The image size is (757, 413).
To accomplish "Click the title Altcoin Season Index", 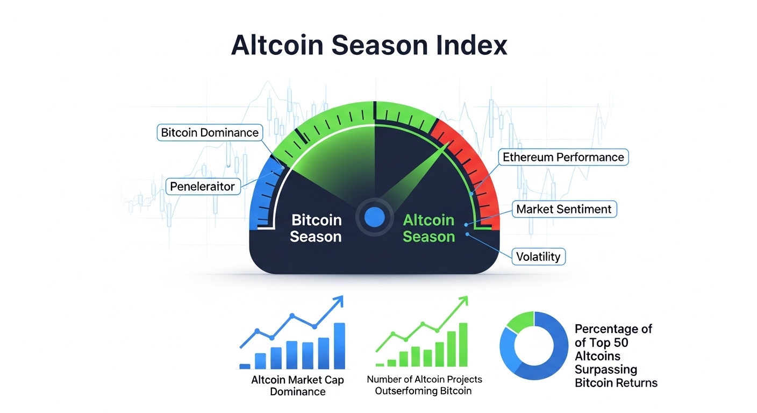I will (369, 46).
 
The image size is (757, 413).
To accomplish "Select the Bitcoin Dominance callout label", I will (210, 132).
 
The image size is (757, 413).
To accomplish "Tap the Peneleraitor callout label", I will (202, 187).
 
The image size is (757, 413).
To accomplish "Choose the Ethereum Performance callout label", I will (563, 157).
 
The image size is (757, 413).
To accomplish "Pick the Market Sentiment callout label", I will (563, 209).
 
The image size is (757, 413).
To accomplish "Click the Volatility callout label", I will (538, 257).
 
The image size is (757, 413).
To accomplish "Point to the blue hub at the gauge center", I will (374, 217).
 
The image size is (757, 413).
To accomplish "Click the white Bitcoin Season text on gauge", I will (316, 229).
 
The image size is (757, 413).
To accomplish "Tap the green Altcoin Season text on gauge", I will (429, 229).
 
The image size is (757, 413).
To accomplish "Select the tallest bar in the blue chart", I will (339, 345).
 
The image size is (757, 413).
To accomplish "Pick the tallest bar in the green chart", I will (463, 344).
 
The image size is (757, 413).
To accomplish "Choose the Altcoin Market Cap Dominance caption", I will (297, 386).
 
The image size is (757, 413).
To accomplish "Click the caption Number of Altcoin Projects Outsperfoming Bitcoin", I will (424, 385).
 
